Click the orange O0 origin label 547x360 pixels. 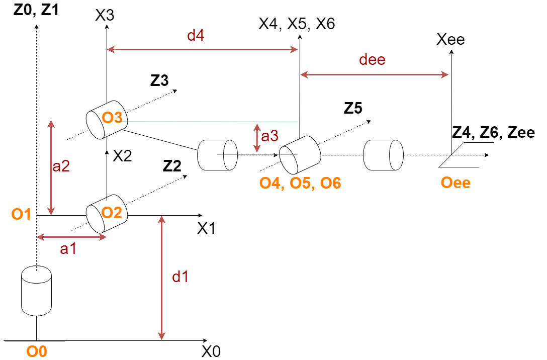(x=37, y=351)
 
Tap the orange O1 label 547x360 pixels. (x=22, y=215)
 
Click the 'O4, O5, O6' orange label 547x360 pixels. (x=300, y=183)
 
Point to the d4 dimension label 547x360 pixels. (x=196, y=36)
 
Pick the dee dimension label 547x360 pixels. (x=372, y=60)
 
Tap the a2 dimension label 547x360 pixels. (x=61, y=166)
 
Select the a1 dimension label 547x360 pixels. (x=68, y=248)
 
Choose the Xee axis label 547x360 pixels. (x=450, y=40)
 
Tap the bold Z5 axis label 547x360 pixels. (x=353, y=108)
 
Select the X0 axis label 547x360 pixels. (x=211, y=351)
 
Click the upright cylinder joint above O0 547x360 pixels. (x=37, y=292)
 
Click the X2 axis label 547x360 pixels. (x=122, y=156)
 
